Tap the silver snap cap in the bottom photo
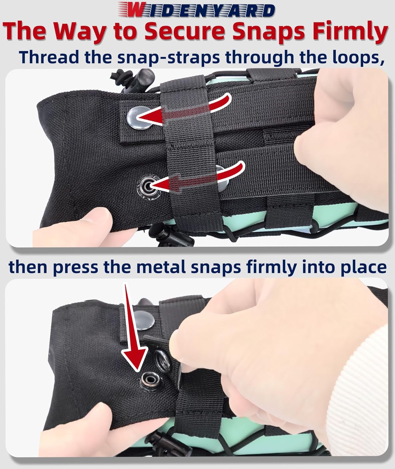[x=146, y=321]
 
